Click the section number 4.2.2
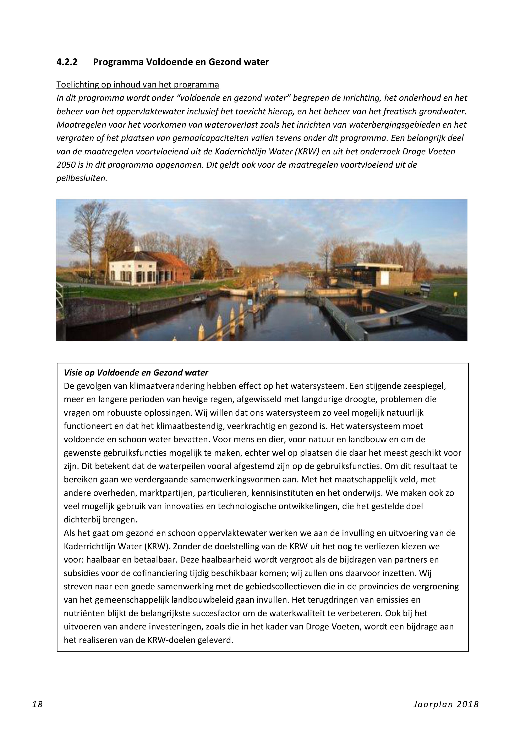[67, 62]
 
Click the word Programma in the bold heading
[118, 62]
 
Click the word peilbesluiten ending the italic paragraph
[82, 178]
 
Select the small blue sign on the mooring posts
[250, 301]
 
